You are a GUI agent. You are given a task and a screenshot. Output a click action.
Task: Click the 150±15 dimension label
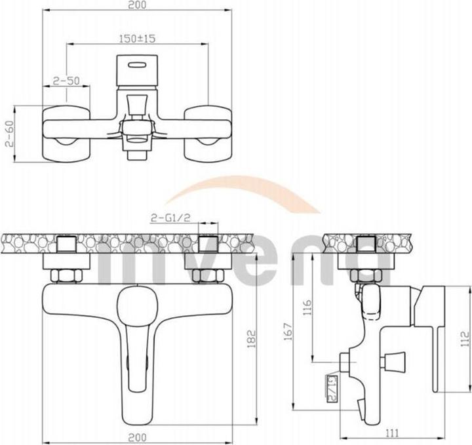[x=137, y=39]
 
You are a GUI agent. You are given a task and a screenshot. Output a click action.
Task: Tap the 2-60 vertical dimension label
[x=8, y=136]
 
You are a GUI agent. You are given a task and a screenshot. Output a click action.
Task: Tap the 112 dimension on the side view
[x=465, y=338]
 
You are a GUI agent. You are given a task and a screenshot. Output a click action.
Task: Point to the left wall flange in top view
[x=65, y=134]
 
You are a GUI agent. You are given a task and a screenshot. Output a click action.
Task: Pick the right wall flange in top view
[x=208, y=134]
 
